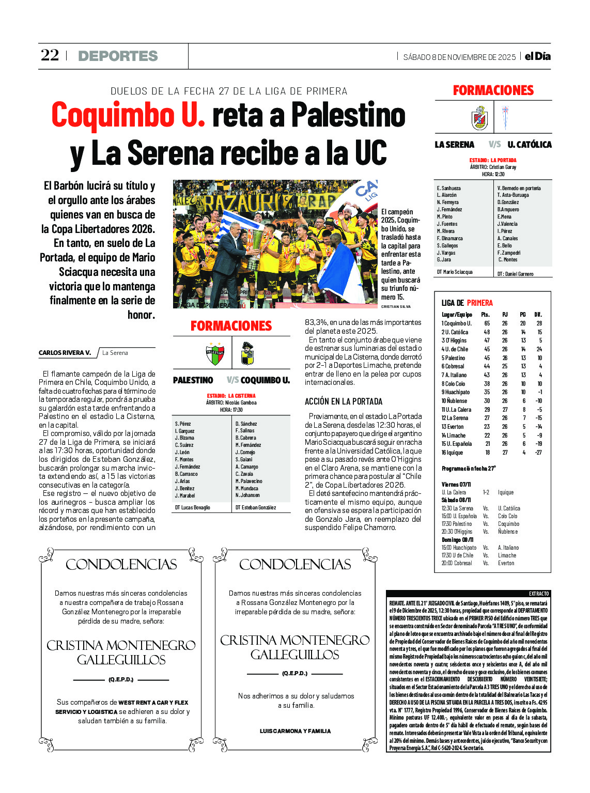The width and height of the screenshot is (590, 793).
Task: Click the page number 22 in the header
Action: (x=50, y=55)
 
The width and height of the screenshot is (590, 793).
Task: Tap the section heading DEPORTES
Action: (x=118, y=56)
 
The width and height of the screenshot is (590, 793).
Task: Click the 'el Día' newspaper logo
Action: (x=537, y=56)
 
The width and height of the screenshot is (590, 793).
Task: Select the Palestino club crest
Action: (x=215, y=354)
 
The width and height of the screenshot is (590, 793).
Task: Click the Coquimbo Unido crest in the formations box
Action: (x=247, y=354)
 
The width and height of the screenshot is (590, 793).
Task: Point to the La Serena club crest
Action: (x=479, y=118)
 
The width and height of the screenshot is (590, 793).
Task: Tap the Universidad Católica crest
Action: (x=505, y=117)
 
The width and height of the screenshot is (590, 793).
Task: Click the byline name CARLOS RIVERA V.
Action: (x=65, y=353)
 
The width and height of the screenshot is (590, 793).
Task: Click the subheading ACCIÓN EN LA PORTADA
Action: (x=343, y=401)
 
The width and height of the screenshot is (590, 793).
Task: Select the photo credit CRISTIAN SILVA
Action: (x=396, y=307)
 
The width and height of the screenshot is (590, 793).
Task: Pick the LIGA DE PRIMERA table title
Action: (x=467, y=303)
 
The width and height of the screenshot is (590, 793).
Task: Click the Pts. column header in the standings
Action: (x=485, y=314)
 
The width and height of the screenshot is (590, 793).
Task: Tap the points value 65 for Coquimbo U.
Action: (x=487, y=323)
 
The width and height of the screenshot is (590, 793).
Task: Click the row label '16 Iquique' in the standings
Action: (x=452, y=453)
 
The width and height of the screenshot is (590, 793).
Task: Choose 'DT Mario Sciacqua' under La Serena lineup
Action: (x=455, y=272)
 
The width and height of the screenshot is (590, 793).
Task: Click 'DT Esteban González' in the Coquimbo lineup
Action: (x=256, y=507)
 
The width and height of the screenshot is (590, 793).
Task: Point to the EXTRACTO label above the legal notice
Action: (x=539, y=594)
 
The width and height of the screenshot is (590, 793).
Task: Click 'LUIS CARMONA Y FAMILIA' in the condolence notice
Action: (x=295, y=731)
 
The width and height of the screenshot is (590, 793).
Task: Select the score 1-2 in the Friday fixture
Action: (x=486, y=492)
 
